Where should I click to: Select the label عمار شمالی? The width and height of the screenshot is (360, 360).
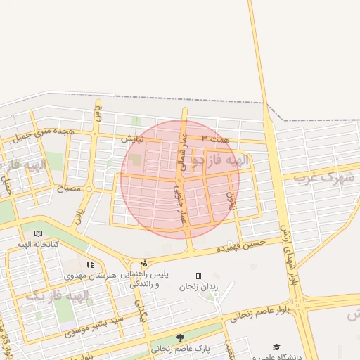pyautogui.click(x=182, y=148)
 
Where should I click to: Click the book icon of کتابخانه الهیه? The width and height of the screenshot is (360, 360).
pyautogui.click(x=38, y=233)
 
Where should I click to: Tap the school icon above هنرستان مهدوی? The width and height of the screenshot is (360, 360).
pyautogui.click(x=89, y=264)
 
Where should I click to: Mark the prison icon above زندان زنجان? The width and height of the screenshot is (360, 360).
pyautogui.click(x=198, y=276)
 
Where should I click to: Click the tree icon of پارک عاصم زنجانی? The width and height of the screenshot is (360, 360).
pyautogui.click(x=180, y=337)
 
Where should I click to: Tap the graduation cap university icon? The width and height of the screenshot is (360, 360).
pyautogui.click(x=276, y=347)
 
